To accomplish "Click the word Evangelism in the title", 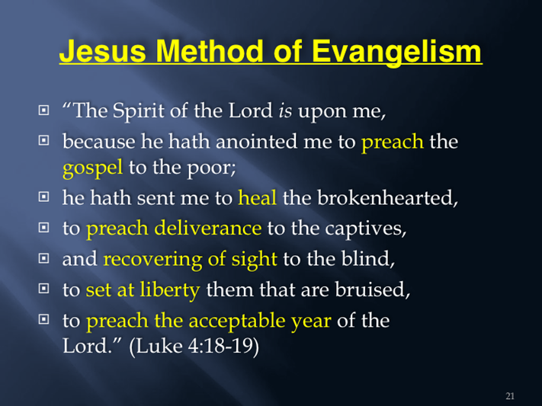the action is tap(396, 51).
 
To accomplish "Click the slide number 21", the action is tap(510, 396).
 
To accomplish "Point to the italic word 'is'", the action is tap(285, 111).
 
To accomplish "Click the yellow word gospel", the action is tap(93, 168).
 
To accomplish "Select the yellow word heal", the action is tap(258, 197).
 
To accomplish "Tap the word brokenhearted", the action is tap(387, 198).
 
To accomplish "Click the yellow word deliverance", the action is tap(208, 228).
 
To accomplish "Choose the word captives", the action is tap(366, 229).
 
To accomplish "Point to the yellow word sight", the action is tap(254, 260).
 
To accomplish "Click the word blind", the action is tap(367, 258).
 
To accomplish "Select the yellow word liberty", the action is tap(170, 290).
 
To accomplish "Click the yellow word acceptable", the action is tap(237, 321).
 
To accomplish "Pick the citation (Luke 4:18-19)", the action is tap(194, 346).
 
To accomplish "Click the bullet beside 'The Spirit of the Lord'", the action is tap(43, 110).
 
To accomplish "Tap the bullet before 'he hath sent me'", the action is tap(43, 197).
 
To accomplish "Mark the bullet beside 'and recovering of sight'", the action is tap(43, 258).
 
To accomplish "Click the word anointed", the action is tap(256, 142).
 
